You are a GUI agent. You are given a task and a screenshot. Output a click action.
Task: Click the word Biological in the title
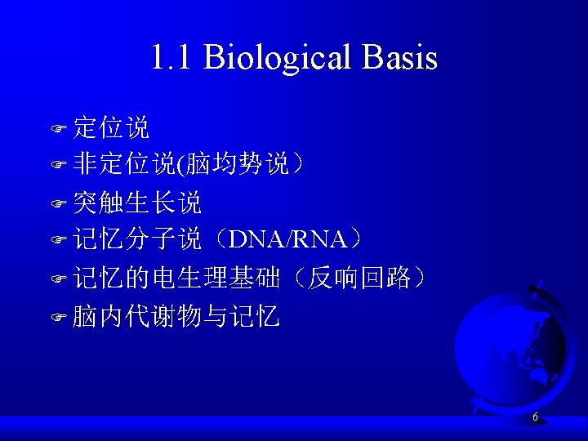click(277, 58)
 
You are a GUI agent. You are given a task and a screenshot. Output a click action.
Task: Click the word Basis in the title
click(400, 58)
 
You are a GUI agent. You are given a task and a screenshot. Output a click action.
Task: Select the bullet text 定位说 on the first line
click(111, 127)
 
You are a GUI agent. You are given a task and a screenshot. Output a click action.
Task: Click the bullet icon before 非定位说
click(58, 166)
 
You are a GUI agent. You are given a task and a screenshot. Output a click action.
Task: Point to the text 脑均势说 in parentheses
click(238, 165)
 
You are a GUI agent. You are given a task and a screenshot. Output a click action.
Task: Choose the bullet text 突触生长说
click(136, 202)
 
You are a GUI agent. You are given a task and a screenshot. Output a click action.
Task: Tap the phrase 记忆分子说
click(136, 239)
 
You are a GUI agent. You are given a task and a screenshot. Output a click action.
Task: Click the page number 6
click(535, 417)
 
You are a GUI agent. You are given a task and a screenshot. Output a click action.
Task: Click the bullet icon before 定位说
click(58, 128)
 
